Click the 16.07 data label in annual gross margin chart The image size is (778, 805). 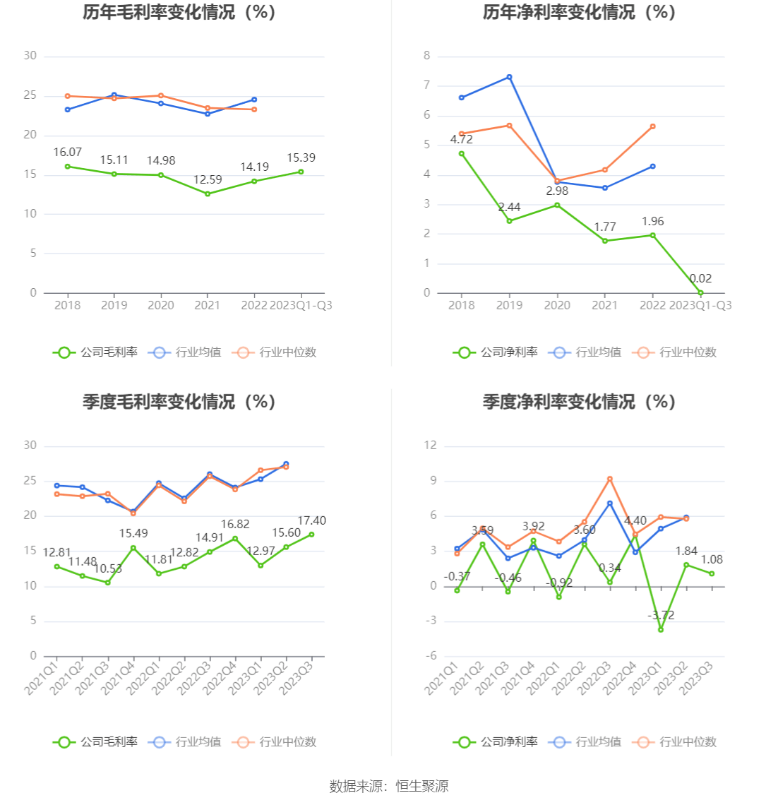[x=68, y=153]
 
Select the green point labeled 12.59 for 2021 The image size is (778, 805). [x=208, y=193]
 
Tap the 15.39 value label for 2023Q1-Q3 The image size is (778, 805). [x=301, y=158]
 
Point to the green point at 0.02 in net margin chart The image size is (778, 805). [x=700, y=293]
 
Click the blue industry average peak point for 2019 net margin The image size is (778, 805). [x=509, y=77]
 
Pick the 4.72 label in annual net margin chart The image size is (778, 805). [x=461, y=140]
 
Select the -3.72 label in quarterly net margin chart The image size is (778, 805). [x=661, y=616]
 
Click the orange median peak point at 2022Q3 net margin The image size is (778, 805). [x=610, y=479]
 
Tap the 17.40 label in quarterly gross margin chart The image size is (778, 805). [x=311, y=521]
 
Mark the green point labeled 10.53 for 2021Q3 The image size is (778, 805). [x=108, y=583]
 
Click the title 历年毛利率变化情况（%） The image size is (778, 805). [x=179, y=13]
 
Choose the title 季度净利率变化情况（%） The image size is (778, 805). [x=579, y=402]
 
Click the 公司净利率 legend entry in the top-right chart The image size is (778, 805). [x=496, y=352]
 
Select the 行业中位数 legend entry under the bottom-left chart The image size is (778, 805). [x=277, y=742]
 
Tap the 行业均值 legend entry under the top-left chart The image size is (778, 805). [x=185, y=352]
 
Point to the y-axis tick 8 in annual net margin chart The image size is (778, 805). [x=426, y=56]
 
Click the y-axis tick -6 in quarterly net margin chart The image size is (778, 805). [x=430, y=656]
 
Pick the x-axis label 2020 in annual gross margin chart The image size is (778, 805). [x=161, y=306]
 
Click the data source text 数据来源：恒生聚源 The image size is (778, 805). [x=388, y=786]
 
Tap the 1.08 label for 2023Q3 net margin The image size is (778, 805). [x=712, y=560]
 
